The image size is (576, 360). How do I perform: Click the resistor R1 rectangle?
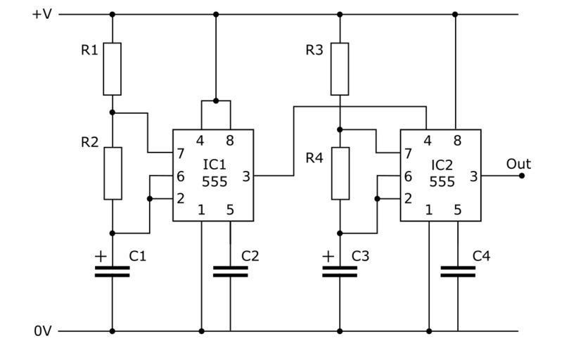[x=112, y=68]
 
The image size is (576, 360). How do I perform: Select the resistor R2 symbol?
[x=112, y=173]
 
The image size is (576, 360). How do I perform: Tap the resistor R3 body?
[x=340, y=68]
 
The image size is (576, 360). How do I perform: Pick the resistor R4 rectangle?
[x=340, y=173]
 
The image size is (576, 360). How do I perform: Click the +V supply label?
[x=41, y=14]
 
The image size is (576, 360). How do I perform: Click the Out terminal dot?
[x=522, y=176]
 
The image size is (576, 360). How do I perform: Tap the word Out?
[x=518, y=164]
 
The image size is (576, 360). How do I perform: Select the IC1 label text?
[x=215, y=165]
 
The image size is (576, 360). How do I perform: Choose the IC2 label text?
[x=442, y=165]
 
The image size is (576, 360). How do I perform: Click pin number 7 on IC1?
[x=181, y=153]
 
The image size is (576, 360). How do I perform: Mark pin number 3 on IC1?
[x=246, y=176]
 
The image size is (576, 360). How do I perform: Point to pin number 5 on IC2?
[x=458, y=210]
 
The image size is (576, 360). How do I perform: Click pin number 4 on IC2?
[x=428, y=141]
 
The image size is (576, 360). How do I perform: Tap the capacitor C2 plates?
[x=231, y=271]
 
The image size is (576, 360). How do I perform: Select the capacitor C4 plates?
[x=458, y=271]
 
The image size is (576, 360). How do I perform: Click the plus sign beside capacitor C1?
[x=101, y=257]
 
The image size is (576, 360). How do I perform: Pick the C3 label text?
[x=360, y=256]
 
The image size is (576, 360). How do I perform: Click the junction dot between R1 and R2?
[x=112, y=112]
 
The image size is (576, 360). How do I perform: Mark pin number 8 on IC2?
[x=457, y=141]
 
